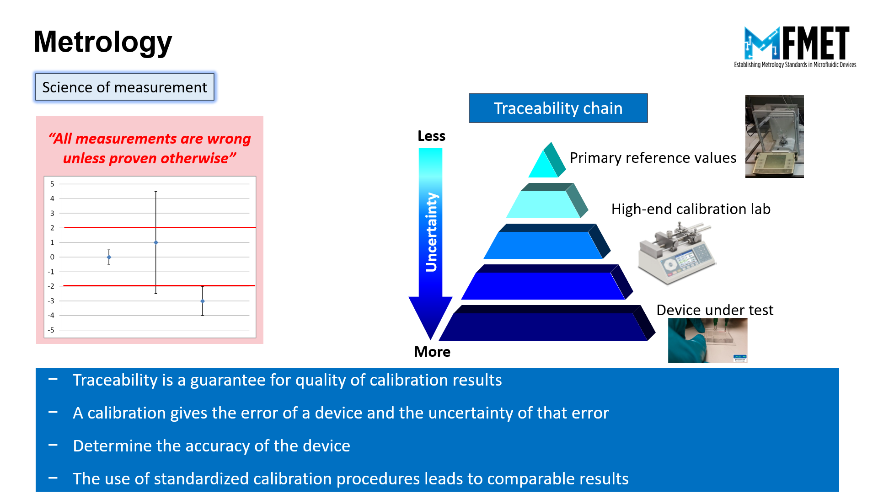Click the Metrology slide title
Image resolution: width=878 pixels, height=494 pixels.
103,42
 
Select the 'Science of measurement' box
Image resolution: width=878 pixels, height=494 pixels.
125,87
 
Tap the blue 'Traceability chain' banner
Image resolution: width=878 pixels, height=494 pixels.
558,108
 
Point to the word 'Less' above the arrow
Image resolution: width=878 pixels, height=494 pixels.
431,136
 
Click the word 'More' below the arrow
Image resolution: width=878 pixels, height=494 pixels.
432,352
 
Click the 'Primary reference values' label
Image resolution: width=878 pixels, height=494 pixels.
653,158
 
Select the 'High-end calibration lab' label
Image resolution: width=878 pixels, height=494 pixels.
691,209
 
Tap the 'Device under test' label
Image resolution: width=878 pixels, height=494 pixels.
715,310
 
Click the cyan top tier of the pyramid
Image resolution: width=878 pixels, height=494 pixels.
547,162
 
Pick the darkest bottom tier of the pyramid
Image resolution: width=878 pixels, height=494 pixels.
547,324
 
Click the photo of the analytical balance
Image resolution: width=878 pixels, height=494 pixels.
774,136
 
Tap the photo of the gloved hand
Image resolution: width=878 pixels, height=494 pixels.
707,340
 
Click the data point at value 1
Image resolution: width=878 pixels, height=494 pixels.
156,242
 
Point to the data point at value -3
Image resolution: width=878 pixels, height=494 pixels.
203,301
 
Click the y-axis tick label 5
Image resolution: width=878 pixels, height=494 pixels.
52,184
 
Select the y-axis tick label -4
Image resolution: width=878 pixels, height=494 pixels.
51,315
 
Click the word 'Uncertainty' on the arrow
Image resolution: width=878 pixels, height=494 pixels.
431,232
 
